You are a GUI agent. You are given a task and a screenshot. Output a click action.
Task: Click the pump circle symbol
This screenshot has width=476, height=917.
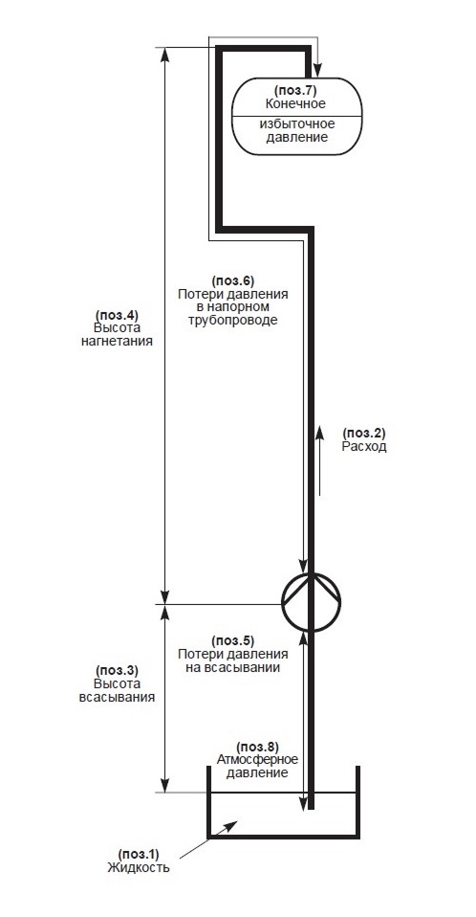[282, 602]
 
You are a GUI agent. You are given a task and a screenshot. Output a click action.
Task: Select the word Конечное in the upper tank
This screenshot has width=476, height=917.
[295, 104]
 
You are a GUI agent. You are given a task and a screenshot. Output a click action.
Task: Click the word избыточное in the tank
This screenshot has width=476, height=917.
[296, 124]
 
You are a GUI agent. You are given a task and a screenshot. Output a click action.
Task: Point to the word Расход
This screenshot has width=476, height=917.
[364, 447]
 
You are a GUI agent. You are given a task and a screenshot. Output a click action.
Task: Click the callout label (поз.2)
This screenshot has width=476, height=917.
[364, 434]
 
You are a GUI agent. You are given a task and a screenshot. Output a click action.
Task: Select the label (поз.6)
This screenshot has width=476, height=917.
[232, 280]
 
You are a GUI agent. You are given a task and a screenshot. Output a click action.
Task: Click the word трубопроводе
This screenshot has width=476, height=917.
[233, 321]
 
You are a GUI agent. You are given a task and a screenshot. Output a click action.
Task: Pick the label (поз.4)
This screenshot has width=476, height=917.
[117, 313]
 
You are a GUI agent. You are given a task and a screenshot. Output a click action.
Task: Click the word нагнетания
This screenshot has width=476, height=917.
[117, 341]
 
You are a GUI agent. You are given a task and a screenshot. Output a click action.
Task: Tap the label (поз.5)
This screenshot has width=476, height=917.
[232, 640]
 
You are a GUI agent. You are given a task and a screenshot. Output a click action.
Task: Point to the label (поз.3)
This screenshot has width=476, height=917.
[117, 670]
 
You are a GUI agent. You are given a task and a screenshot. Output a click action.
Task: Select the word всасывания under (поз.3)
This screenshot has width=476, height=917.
[117, 697]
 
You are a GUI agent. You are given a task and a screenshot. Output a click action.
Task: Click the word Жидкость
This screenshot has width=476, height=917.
[139, 867]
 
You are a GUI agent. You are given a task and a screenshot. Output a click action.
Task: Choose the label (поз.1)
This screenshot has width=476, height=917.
[139, 853]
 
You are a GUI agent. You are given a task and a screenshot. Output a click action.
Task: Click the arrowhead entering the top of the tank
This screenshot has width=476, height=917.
[317, 71]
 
